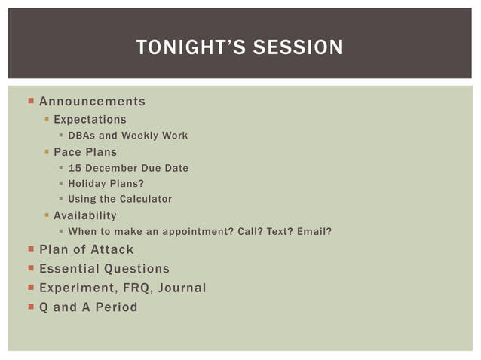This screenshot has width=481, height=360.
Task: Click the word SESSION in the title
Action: coord(299,48)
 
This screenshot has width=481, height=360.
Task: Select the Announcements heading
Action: coord(92,102)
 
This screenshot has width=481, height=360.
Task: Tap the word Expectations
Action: coord(90,120)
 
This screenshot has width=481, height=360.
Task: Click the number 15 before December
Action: coord(74,168)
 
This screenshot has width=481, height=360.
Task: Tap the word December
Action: coord(109,168)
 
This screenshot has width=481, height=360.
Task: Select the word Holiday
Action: coord(87,184)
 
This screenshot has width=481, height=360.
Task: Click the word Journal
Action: coord(179,288)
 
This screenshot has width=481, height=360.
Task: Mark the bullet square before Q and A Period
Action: coord(30,307)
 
